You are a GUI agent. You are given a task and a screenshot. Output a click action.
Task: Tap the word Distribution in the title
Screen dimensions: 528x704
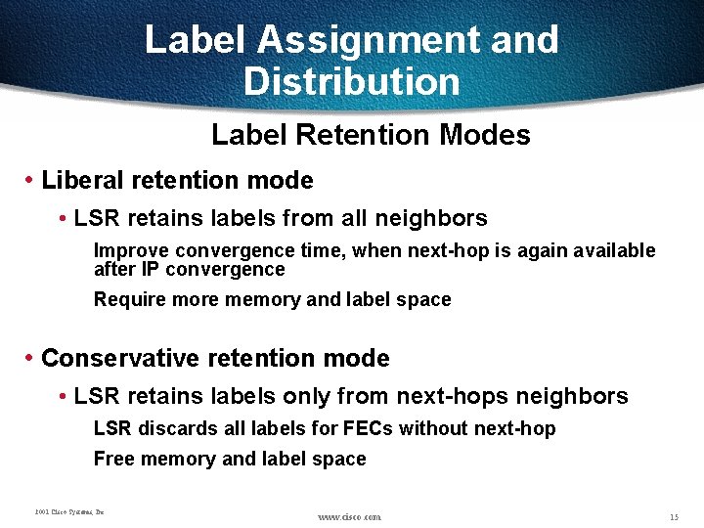point(351,81)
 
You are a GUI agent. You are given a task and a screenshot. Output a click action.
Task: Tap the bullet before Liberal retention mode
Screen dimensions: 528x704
point(30,181)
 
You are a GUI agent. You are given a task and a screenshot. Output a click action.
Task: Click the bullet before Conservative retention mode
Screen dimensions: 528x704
point(30,359)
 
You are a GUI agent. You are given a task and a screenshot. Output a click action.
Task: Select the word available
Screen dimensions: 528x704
point(615,251)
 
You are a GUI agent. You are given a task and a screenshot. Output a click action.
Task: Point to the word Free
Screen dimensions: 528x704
point(111,459)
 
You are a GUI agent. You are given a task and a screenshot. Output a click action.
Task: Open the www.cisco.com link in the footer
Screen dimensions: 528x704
point(350,516)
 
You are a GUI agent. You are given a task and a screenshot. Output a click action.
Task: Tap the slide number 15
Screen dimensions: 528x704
point(674,515)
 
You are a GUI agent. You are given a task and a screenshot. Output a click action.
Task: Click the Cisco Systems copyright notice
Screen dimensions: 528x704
point(68,511)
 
